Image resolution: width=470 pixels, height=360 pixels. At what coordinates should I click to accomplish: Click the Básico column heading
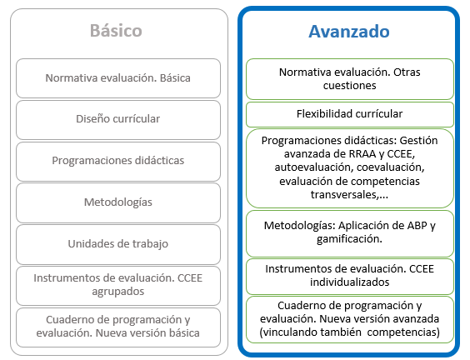pos(116,31)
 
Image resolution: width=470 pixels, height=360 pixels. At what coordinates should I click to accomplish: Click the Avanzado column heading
pos(349,32)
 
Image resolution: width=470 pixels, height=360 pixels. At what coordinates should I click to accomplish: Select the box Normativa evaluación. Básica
pos(118,78)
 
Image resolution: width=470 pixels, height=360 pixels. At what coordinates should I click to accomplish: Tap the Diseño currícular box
pos(118,120)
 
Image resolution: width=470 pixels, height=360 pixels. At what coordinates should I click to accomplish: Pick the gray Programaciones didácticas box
pos(118,162)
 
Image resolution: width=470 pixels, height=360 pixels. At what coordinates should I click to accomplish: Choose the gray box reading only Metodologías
pos(118,202)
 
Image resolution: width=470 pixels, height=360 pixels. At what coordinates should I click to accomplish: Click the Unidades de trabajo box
pos(118,244)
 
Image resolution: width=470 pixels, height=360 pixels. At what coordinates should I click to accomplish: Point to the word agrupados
pos(118,292)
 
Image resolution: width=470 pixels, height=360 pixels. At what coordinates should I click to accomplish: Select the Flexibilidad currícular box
pos(350,114)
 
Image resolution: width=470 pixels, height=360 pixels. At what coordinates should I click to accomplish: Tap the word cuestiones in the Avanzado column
pos(349,86)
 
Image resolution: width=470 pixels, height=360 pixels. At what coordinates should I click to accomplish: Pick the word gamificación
pos(349,239)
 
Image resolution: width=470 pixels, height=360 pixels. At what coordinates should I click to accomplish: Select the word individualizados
pos(349,282)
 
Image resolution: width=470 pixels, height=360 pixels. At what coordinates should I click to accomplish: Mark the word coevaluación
pos(391,167)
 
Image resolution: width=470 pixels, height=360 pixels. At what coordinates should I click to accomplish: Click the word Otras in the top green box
pos(407,72)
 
